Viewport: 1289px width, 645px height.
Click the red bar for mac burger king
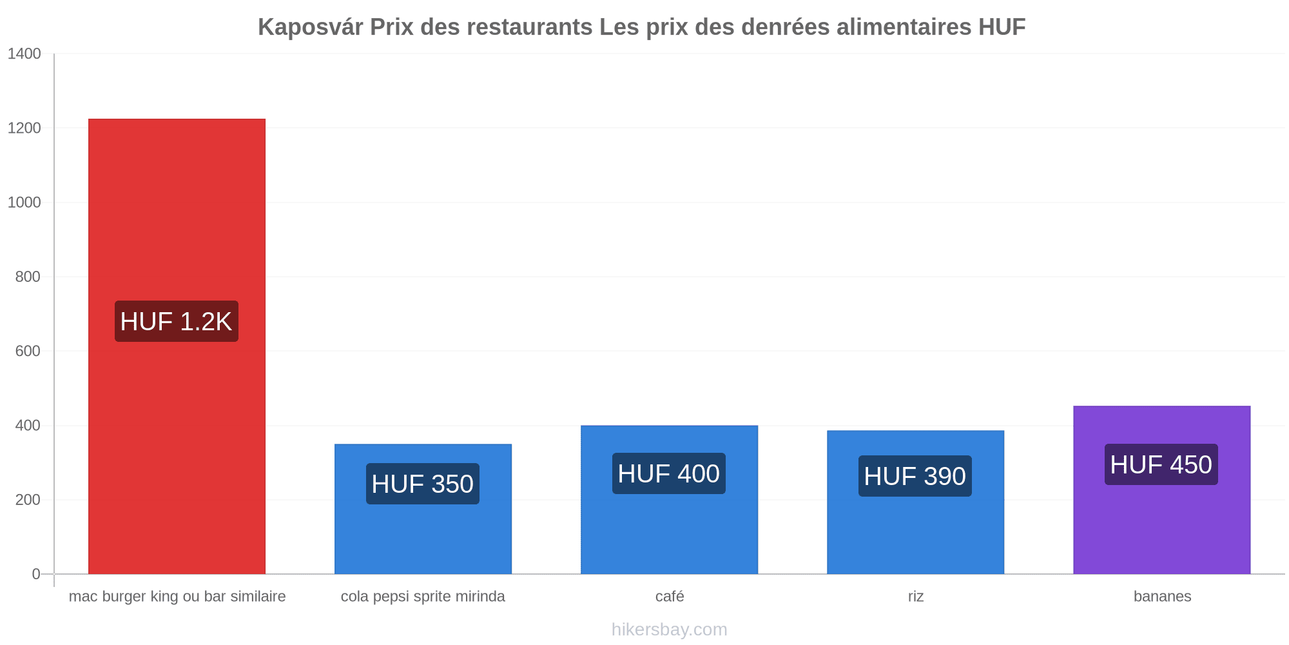click(177, 346)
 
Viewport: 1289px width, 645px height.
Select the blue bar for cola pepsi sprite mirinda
click(423, 509)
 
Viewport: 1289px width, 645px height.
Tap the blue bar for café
click(669, 500)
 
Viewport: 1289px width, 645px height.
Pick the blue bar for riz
click(915, 502)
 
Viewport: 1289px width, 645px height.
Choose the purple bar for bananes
click(1161, 490)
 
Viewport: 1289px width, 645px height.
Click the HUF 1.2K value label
click(177, 321)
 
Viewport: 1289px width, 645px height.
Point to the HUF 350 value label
click(423, 484)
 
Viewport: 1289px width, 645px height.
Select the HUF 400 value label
click(669, 473)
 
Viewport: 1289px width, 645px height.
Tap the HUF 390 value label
click(915, 476)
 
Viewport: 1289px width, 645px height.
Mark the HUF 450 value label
click(1161, 464)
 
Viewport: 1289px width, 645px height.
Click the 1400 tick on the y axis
click(24, 54)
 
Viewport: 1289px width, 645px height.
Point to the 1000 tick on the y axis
click(24, 203)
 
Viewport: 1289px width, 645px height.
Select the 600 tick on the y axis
click(28, 351)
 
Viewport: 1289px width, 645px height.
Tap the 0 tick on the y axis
click(36, 574)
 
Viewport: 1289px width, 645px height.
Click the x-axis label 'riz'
click(916, 596)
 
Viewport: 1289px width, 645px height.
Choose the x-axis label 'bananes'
click(1162, 596)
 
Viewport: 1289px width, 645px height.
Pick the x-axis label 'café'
click(670, 596)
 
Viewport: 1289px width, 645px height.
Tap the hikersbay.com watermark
click(669, 630)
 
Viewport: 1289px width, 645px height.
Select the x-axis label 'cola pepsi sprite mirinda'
click(423, 597)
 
